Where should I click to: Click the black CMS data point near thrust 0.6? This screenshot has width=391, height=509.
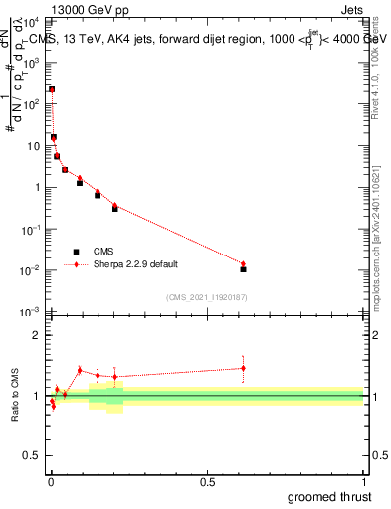tap(243, 269)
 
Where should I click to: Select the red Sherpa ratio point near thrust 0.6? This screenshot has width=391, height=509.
tap(243, 368)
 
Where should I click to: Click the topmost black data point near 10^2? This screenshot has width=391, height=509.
tap(52, 89)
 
